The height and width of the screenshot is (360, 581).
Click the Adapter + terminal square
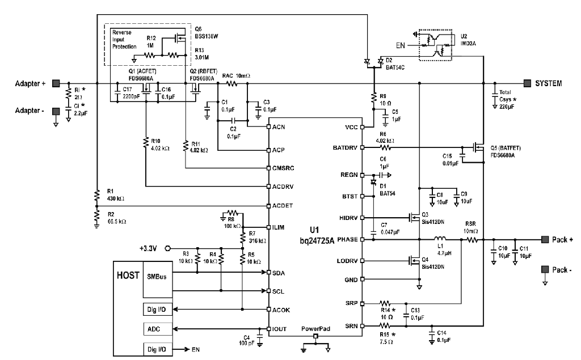(x=56, y=83)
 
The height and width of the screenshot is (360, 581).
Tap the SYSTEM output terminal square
(x=527, y=83)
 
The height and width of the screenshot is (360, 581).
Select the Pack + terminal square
(x=545, y=240)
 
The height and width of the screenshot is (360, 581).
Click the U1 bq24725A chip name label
(x=317, y=235)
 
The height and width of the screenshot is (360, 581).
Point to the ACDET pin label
(x=283, y=206)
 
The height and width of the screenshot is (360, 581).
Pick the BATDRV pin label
(x=345, y=148)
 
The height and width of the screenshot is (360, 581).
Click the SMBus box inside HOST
(x=158, y=279)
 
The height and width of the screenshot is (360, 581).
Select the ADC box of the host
(x=158, y=329)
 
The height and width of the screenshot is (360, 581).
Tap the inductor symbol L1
(x=440, y=239)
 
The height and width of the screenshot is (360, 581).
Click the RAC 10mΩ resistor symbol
(x=232, y=84)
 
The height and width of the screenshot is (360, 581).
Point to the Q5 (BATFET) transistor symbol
(x=477, y=148)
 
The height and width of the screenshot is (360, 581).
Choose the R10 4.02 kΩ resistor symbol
(x=146, y=143)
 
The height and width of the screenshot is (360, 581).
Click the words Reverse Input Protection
(x=124, y=40)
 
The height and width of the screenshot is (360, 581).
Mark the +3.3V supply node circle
(x=167, y=248)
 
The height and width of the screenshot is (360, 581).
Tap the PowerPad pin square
(x=315, y=336)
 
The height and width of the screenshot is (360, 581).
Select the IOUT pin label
(x=279, y=329)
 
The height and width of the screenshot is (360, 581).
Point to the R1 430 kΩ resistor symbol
(x=96, y=195)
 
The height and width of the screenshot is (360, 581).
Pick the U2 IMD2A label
(x=468, y=40)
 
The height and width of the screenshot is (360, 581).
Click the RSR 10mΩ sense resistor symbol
(x=471, y=240)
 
